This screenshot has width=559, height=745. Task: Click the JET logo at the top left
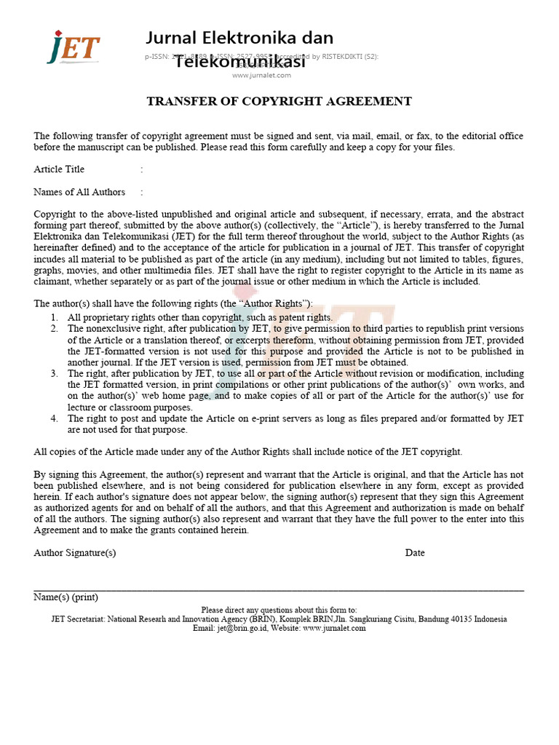click(x=73, y=47)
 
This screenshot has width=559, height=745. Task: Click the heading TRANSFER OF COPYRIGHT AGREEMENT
click(x=279, y=102)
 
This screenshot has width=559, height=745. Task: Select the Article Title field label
click(x=59, y=170)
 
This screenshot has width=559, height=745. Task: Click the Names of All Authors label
click(x=79, y=192)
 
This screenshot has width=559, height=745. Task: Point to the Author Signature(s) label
click(x=75, y=553)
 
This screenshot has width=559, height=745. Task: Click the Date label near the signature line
click(x=415, y=553)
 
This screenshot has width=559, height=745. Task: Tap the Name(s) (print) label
click(x=66, y=597)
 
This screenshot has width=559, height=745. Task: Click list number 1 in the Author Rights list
click(x=55, y=317)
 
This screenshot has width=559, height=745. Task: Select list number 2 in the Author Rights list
click(x=55, y=329)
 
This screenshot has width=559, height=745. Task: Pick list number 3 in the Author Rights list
click(x=55, y=374)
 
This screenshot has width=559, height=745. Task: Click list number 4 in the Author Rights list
click(x=55, y=419)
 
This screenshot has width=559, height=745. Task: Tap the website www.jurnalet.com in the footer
click(x=334, y=629)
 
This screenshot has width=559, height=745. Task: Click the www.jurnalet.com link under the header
click(x=261, y=75)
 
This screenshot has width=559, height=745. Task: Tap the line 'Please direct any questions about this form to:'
click(x=279, y=610)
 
